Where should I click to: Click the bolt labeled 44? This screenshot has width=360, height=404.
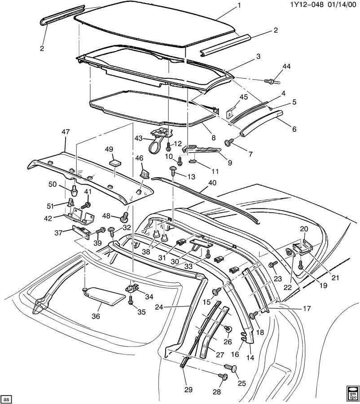pyautogui.click(x=272, y=81)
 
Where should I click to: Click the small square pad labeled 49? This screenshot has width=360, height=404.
pyautogui.click(x=115, y=162)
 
